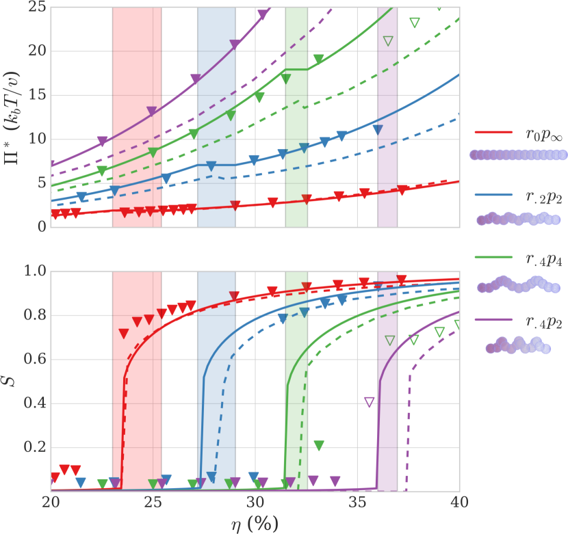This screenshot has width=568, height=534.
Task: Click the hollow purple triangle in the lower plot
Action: (x=370, y=402)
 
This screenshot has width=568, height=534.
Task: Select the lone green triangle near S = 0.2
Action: (x=319, y=446)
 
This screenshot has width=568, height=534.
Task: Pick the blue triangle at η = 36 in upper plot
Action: (x=378, y=130)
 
